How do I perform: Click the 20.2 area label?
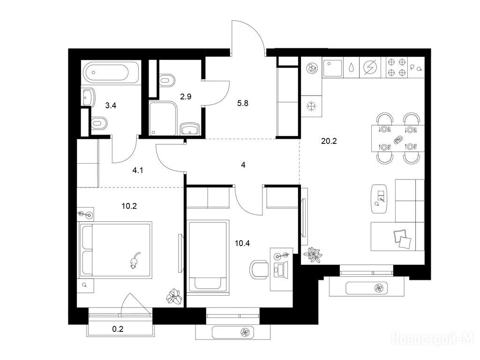pos(329,141)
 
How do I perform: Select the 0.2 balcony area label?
pos(118,329)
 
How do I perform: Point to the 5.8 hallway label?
pos(243,103)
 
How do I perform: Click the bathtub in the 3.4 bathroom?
pos(110,72)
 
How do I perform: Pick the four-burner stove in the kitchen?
pos(397,67)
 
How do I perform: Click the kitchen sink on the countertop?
pos(332,67)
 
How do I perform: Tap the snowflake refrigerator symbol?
pos(311,106)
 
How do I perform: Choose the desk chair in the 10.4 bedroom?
pos(259,270)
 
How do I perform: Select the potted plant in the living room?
pos(313,255)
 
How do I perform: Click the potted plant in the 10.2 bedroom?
pos(174,296)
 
